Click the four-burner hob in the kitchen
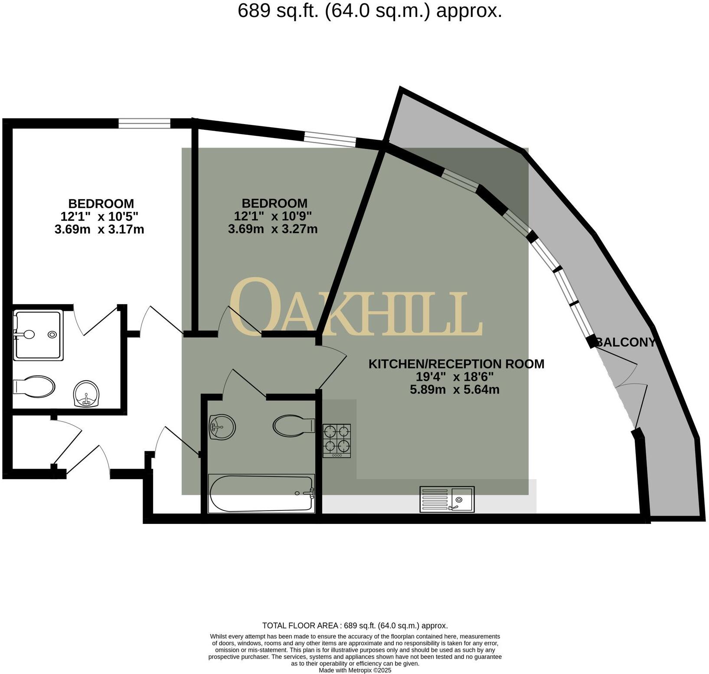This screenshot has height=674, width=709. tap(337, 440)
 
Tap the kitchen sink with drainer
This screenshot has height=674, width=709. tap(447, 499)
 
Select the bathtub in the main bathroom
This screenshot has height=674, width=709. tap(261, 493)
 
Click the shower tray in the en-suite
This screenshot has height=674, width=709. tap(38, 335)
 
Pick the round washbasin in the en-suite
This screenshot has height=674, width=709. tap(87, 393)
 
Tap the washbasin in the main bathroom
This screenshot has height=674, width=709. tap(222, 427)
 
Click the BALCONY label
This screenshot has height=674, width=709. tap(625, 342)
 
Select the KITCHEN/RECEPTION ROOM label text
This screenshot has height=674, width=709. tap(456, 364)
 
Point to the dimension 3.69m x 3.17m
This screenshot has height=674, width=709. tap(99, 229)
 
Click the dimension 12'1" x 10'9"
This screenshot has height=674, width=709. tap(273, 216)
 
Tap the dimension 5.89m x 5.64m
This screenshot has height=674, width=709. tap(454, 389)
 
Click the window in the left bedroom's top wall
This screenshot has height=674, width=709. tap(144, 124)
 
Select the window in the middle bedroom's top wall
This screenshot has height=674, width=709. tap(330, 139)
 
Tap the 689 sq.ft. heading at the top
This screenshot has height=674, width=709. tap(370, 10)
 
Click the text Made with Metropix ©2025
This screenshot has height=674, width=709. tap(355, 670)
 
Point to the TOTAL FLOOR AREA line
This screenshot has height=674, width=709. tap(355, 625)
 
